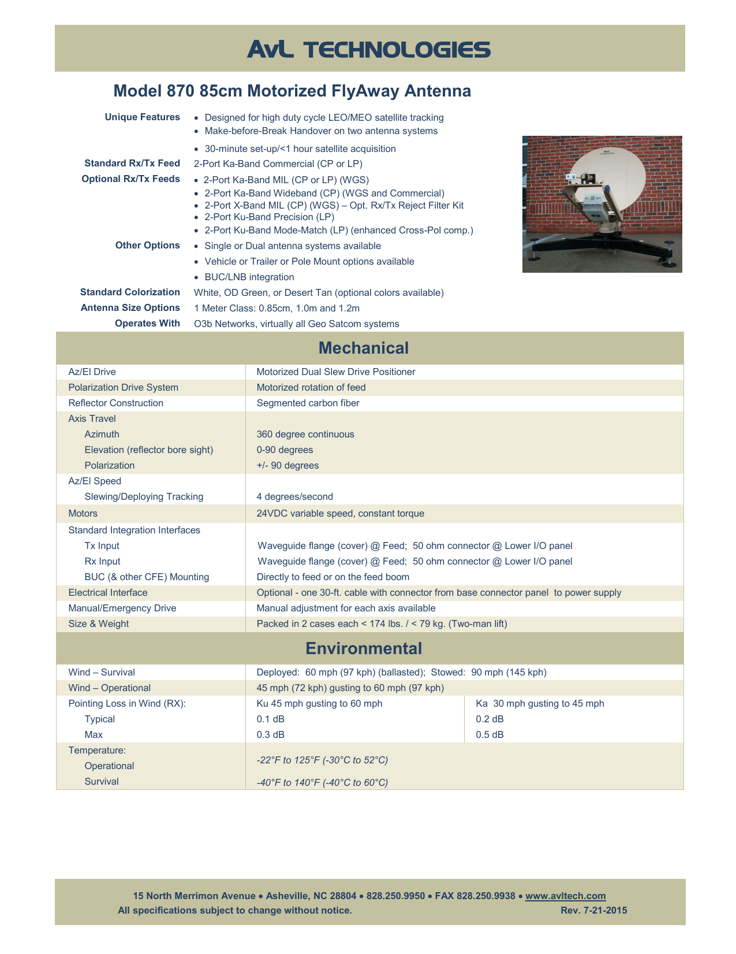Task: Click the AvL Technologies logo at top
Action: coord(369,50)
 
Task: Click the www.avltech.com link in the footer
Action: coord(565,896)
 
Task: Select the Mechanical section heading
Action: coord(363,348)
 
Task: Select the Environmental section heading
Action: coord(364,648)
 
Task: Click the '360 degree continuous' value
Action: coord(305,434)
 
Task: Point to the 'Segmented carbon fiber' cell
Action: coord(308,403)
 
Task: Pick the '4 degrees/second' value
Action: coord(294,496)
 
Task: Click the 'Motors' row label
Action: coord(83,513)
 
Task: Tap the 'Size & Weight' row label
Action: coord(99,623)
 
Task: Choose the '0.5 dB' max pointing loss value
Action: coord(490,734)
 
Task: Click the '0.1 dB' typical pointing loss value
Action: coord(270,719)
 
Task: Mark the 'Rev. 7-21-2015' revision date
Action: coord(593,910)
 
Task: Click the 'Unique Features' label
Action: coord(142,117)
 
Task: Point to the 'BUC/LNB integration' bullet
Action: coord(249,277)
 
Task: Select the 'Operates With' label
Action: coord(147,323)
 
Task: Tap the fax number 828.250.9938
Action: coord(485,896)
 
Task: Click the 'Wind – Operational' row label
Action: coord(110,688)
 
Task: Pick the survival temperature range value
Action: coord(322,782)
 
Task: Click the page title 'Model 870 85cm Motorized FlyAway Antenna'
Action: coord(292,91)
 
